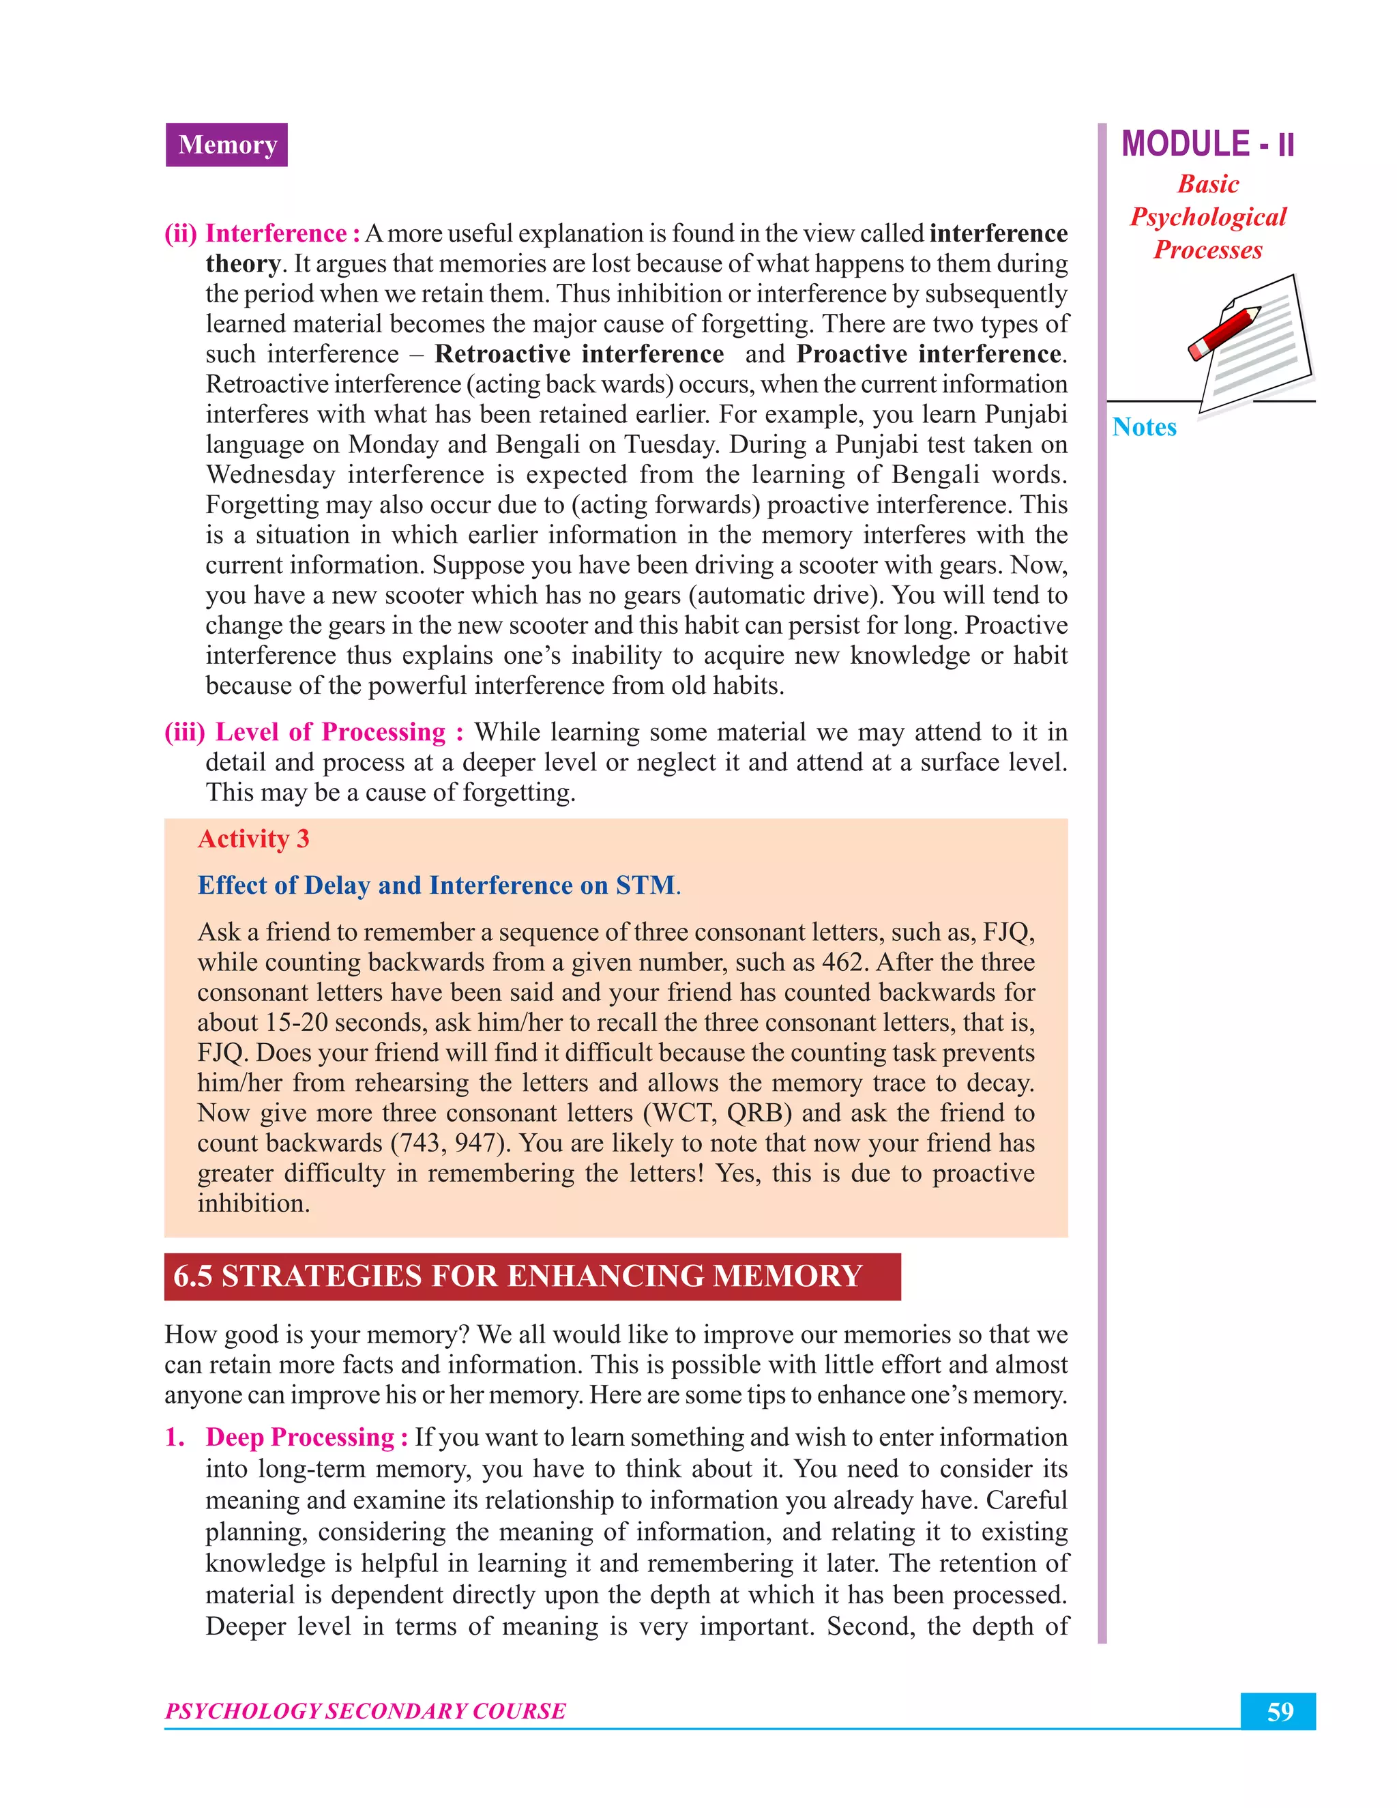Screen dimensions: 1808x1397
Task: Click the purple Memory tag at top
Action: click(226, 145)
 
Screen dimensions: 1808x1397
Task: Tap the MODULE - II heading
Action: click(1207, 145)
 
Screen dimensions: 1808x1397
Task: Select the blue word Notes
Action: click(1144, 427)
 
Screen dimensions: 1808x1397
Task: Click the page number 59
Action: click(1279, 1711)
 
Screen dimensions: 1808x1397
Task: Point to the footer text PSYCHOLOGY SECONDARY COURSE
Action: click(365, 1711)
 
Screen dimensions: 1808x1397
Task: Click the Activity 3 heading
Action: click(253, 839)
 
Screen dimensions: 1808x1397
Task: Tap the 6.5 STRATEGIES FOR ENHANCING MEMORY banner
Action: click(531, 1276)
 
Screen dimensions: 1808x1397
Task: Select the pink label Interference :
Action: click(282, 233)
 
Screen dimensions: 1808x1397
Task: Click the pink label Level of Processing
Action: click(330, 732)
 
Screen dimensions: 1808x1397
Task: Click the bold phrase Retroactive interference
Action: click(578, 354)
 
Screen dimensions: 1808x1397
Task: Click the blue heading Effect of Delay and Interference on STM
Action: click(436, 885)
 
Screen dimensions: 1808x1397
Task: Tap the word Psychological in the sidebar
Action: click(1207, 217)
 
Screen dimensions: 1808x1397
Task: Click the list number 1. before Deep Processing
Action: click(175, 1437)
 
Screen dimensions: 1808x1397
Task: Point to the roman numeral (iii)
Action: click(183, 732)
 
